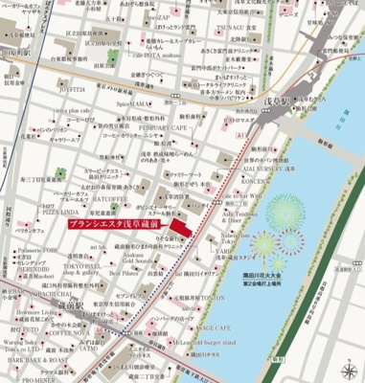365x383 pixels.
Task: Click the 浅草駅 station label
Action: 282,97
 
